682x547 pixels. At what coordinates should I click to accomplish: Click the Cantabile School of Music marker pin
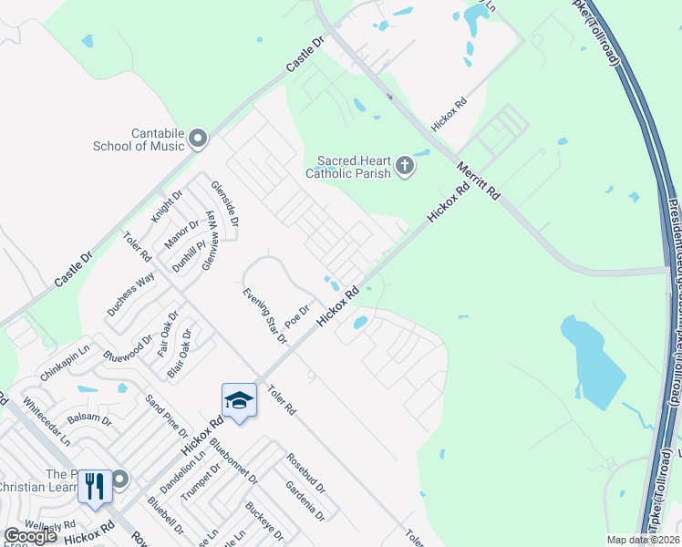click(198, 139)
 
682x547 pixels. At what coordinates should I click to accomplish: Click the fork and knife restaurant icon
click(95, 486)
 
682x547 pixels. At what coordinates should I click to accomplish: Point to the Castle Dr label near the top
click(305, 55)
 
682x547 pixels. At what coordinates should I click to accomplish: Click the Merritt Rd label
click(482, 178)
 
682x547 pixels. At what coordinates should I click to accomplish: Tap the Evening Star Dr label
click(264, 315)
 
